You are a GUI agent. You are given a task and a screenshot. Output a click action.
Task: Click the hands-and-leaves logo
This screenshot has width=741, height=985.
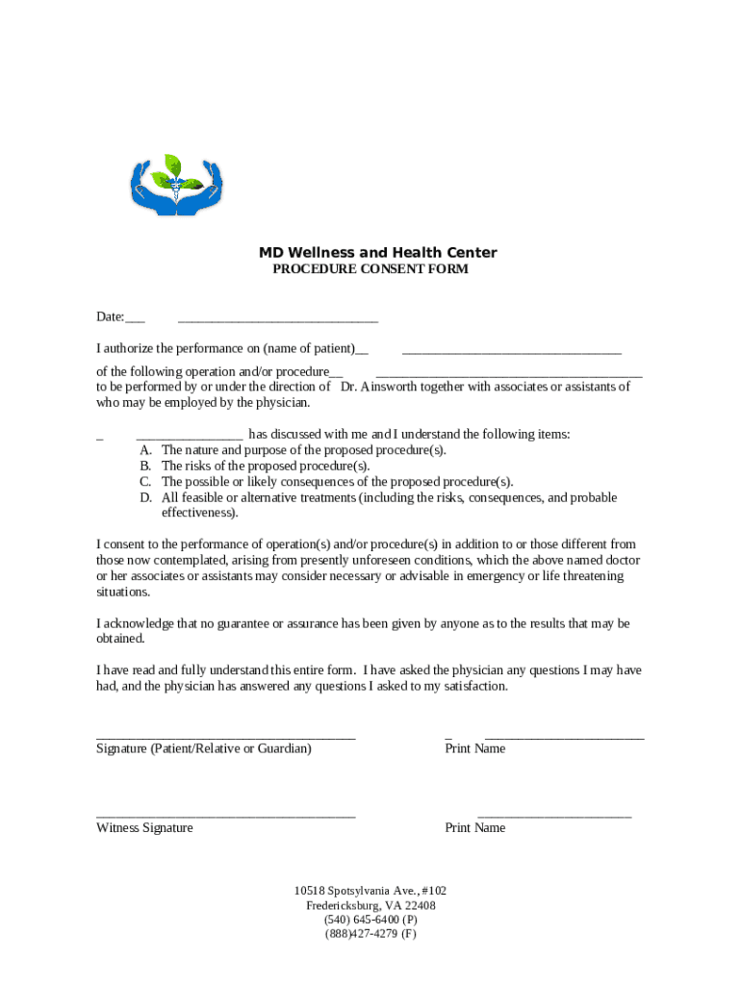coord(178,185)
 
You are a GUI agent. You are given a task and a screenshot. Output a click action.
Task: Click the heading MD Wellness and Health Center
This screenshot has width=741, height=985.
coord(377,253)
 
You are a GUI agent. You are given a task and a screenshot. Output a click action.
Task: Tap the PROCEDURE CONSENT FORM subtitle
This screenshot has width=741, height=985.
coord(370,269)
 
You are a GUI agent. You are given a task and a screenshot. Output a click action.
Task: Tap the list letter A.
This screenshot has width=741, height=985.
coord(145,450)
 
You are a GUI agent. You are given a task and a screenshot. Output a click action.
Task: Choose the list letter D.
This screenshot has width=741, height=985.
coord(145,498)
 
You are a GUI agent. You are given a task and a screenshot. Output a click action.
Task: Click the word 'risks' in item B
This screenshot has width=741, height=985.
coord(204,467)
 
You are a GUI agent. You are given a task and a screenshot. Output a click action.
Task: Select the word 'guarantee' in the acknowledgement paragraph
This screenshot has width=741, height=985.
coord(235,623)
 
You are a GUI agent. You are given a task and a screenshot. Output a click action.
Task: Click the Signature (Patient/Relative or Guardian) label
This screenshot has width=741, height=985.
coord(204,748)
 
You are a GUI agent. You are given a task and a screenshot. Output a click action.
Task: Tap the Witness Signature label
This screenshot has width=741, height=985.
coord(144,828)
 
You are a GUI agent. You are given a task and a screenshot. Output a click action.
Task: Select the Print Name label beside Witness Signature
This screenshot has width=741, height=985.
coord(474,828)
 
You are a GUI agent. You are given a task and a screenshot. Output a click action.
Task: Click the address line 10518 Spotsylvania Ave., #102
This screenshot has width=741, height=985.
coord(370,892)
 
